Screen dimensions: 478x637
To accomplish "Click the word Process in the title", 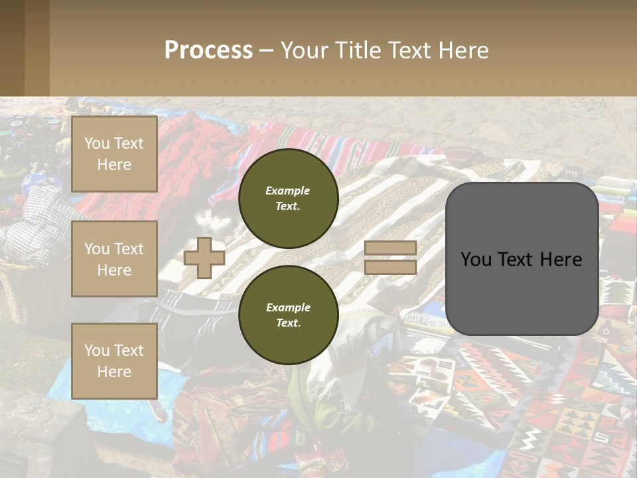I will (x=208, y=50).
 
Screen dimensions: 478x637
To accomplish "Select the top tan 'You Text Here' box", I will (x=114, y=154).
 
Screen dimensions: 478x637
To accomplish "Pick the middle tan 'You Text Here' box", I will (x=114, y=259).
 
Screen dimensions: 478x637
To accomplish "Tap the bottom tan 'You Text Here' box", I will (x=114, y=360).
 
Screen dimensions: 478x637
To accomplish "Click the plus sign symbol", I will (x=204, y=258).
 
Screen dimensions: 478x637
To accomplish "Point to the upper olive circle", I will (x=288, y=198).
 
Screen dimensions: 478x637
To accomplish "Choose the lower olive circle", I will (x=288, y=315).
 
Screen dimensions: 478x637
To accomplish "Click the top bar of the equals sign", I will (x=390, y=248).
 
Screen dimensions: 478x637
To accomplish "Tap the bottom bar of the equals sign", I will (x=390, y=267).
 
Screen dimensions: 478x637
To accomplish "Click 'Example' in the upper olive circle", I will (x=288, y=191).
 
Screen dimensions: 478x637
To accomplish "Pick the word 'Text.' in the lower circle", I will (x=288, y=323).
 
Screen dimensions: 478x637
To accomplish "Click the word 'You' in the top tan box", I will (x=97, y=143).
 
